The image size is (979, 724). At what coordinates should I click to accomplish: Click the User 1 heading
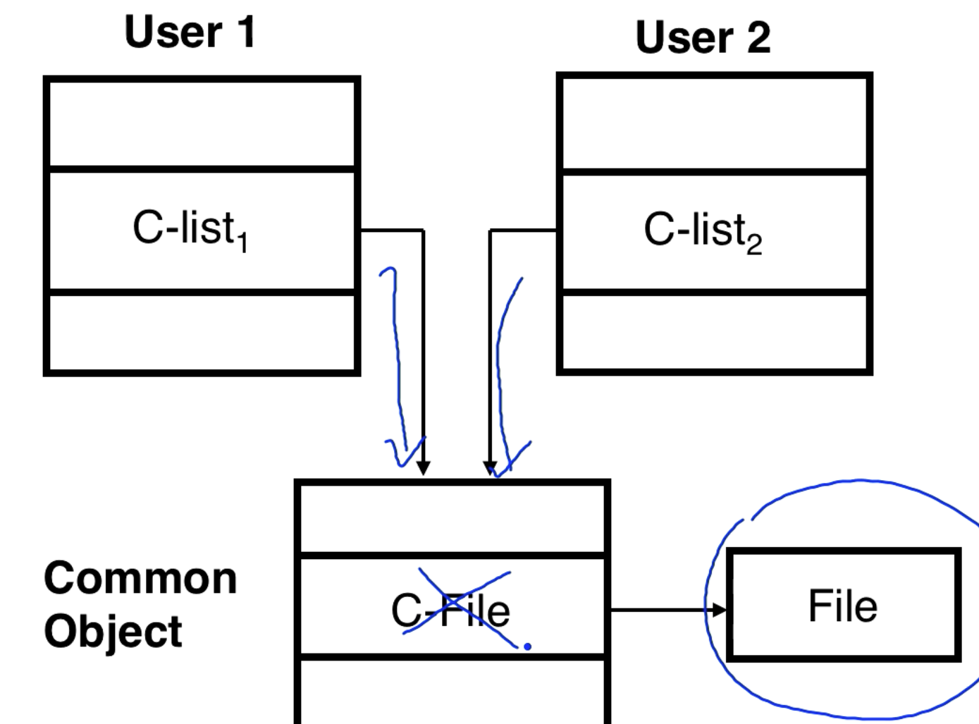(190, 32)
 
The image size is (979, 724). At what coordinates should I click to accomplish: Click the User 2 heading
(703, 37)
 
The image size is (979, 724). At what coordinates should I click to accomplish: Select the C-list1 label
(190, 229)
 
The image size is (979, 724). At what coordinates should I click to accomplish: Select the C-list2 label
(702, 231)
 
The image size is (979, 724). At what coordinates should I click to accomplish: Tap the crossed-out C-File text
(451, 611)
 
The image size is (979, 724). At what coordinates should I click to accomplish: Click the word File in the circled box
(843, 606)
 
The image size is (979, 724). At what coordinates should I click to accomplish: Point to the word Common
(140, 579)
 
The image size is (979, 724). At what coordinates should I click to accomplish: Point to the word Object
(113, 631)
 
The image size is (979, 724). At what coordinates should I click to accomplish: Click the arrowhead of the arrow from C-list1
(423, 468)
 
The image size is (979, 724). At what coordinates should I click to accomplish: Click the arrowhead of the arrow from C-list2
(490, 468)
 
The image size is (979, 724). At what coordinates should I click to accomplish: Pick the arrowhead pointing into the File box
(719, 610)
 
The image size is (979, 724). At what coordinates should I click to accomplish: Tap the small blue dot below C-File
(527, 646)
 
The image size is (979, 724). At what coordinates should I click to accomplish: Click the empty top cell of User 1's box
(202, 124)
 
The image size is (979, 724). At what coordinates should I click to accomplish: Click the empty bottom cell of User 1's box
(202, 331)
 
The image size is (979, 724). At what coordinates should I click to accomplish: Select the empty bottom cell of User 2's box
(714, 331)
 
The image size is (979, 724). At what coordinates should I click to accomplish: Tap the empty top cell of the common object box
(452, 519)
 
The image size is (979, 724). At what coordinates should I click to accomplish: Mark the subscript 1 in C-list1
(242, 243)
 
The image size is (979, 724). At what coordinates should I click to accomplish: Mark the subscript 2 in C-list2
(754, 245)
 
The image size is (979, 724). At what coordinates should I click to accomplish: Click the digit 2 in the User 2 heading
(758, 37)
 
